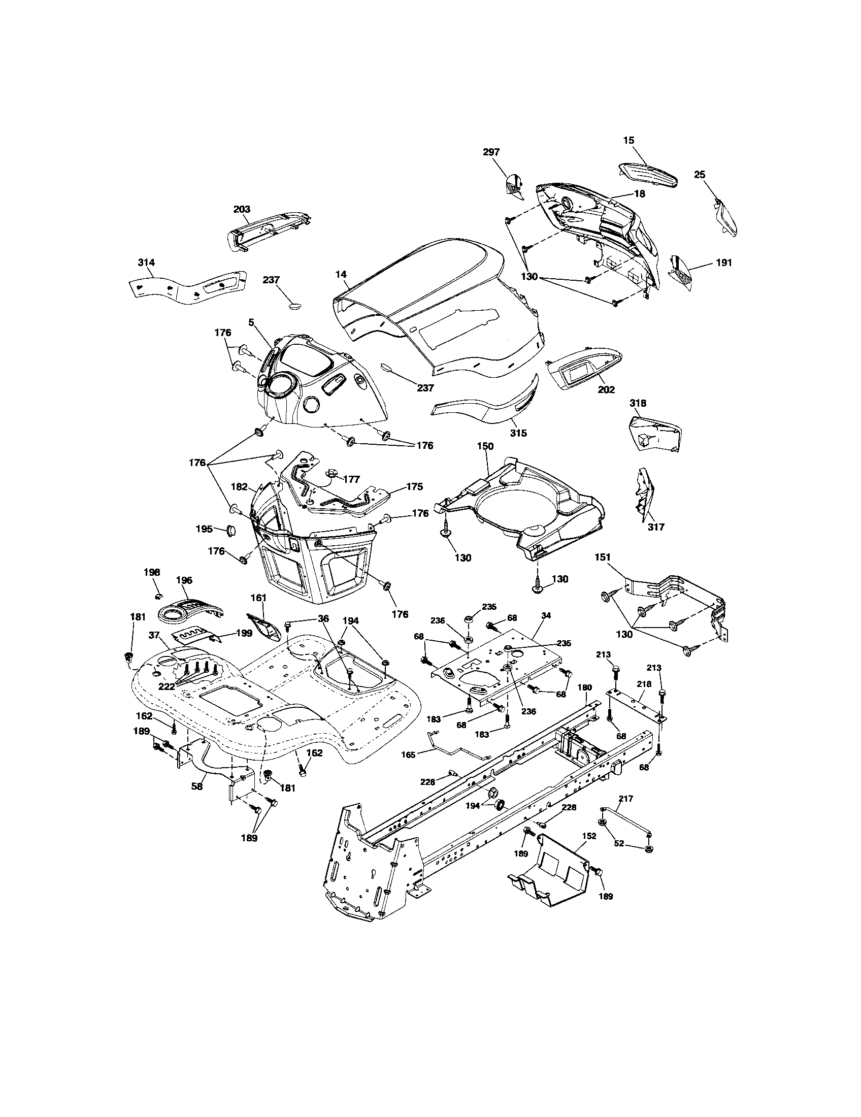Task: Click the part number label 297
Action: (491, 152)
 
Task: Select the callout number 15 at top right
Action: (628, 139)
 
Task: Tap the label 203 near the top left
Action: (242, 209)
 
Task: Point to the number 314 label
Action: (146, 262)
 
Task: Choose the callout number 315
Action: (518, 433)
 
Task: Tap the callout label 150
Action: (485, 446)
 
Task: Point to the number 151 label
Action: (603, 557)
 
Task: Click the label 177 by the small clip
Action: (352, 479)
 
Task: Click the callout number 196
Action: (184, 580)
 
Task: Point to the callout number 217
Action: (626, 798)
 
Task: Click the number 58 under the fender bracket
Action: (197, 786)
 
